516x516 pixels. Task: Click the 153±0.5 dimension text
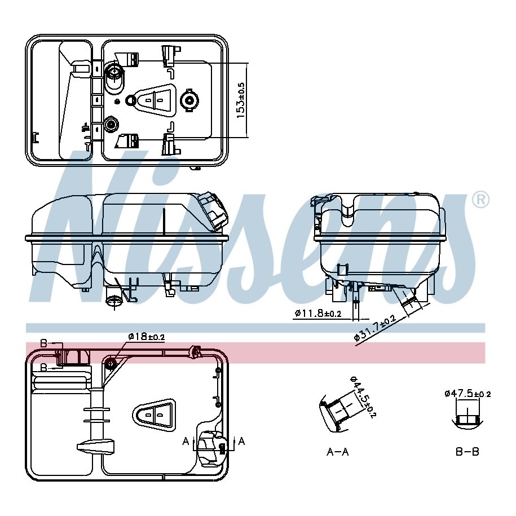click(241, 100)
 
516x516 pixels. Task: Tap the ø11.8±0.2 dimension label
click(318, 313)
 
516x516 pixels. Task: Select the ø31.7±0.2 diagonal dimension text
click(374, 328)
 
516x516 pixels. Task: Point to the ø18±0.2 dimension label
click(146, 337)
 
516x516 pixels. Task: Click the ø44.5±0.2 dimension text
click(363, 396)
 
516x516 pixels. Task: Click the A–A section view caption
click(337, 452)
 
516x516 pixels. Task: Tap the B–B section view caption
click(468, 452)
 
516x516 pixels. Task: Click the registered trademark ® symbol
click(481, 200)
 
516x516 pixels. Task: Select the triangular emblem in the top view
click(155, 99)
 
